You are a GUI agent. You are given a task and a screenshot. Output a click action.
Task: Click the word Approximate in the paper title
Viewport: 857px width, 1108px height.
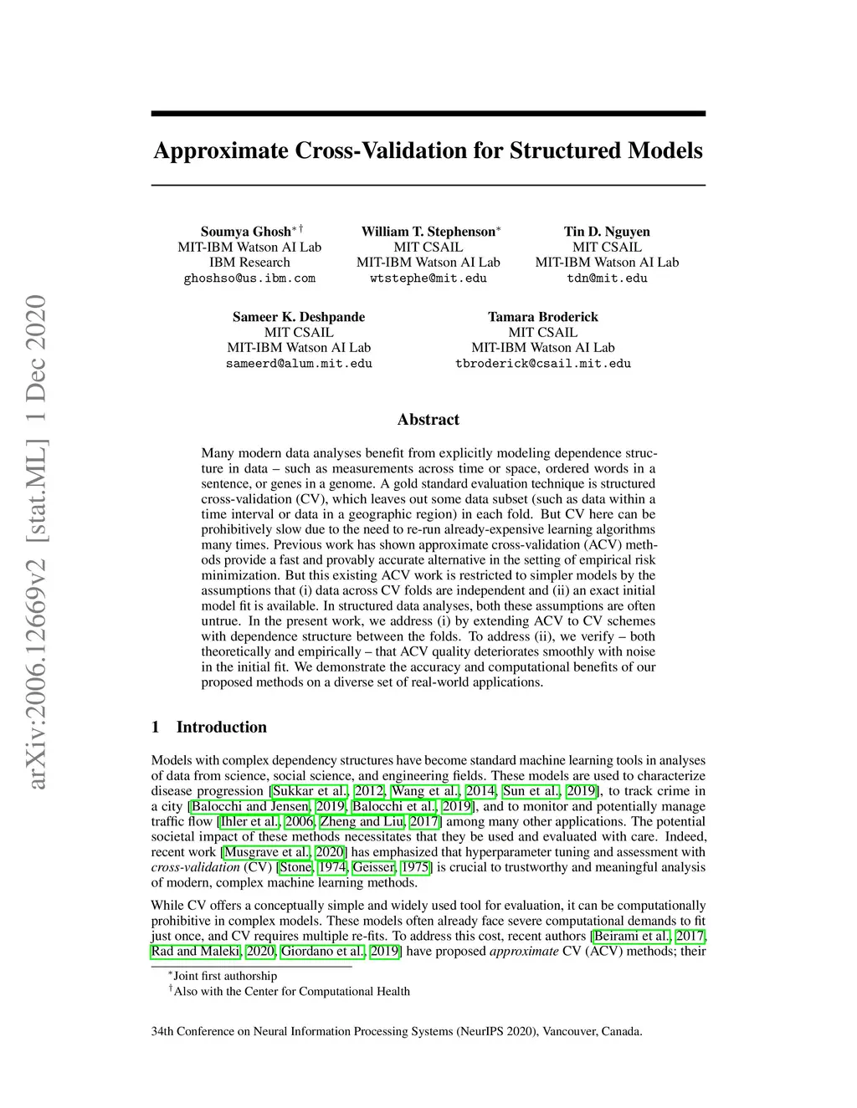point(220,151)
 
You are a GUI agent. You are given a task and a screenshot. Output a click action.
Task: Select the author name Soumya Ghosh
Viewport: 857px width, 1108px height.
point(245,232)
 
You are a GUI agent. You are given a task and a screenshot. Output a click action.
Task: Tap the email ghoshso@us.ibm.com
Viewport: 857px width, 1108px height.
point(249,278)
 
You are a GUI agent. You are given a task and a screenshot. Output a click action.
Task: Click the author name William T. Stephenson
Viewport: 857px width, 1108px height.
point(428,232)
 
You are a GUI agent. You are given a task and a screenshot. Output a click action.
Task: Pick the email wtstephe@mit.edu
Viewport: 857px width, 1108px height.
point(428,278)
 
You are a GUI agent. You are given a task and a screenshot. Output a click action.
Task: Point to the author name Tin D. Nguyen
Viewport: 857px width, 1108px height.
point(607,232)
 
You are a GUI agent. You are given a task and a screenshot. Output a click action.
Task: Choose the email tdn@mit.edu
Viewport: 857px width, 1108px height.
point(607,278)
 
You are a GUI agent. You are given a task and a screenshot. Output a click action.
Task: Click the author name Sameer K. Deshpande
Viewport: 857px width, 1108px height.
point(299,317)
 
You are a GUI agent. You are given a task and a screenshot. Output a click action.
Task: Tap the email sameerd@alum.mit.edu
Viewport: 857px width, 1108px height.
point(299,364)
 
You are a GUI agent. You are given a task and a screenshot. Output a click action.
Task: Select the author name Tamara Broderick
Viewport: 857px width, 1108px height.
point(543,317)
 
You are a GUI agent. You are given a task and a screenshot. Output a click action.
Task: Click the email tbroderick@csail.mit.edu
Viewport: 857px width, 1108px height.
point(543,364)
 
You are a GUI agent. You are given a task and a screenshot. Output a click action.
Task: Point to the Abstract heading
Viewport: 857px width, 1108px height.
point(428,420)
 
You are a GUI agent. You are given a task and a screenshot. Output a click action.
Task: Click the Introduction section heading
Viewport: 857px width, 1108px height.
point(221,727)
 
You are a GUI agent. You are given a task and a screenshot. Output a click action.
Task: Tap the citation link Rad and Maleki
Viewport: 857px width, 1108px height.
point(195,952)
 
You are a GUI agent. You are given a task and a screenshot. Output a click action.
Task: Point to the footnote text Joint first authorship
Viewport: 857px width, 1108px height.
point(224,976)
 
